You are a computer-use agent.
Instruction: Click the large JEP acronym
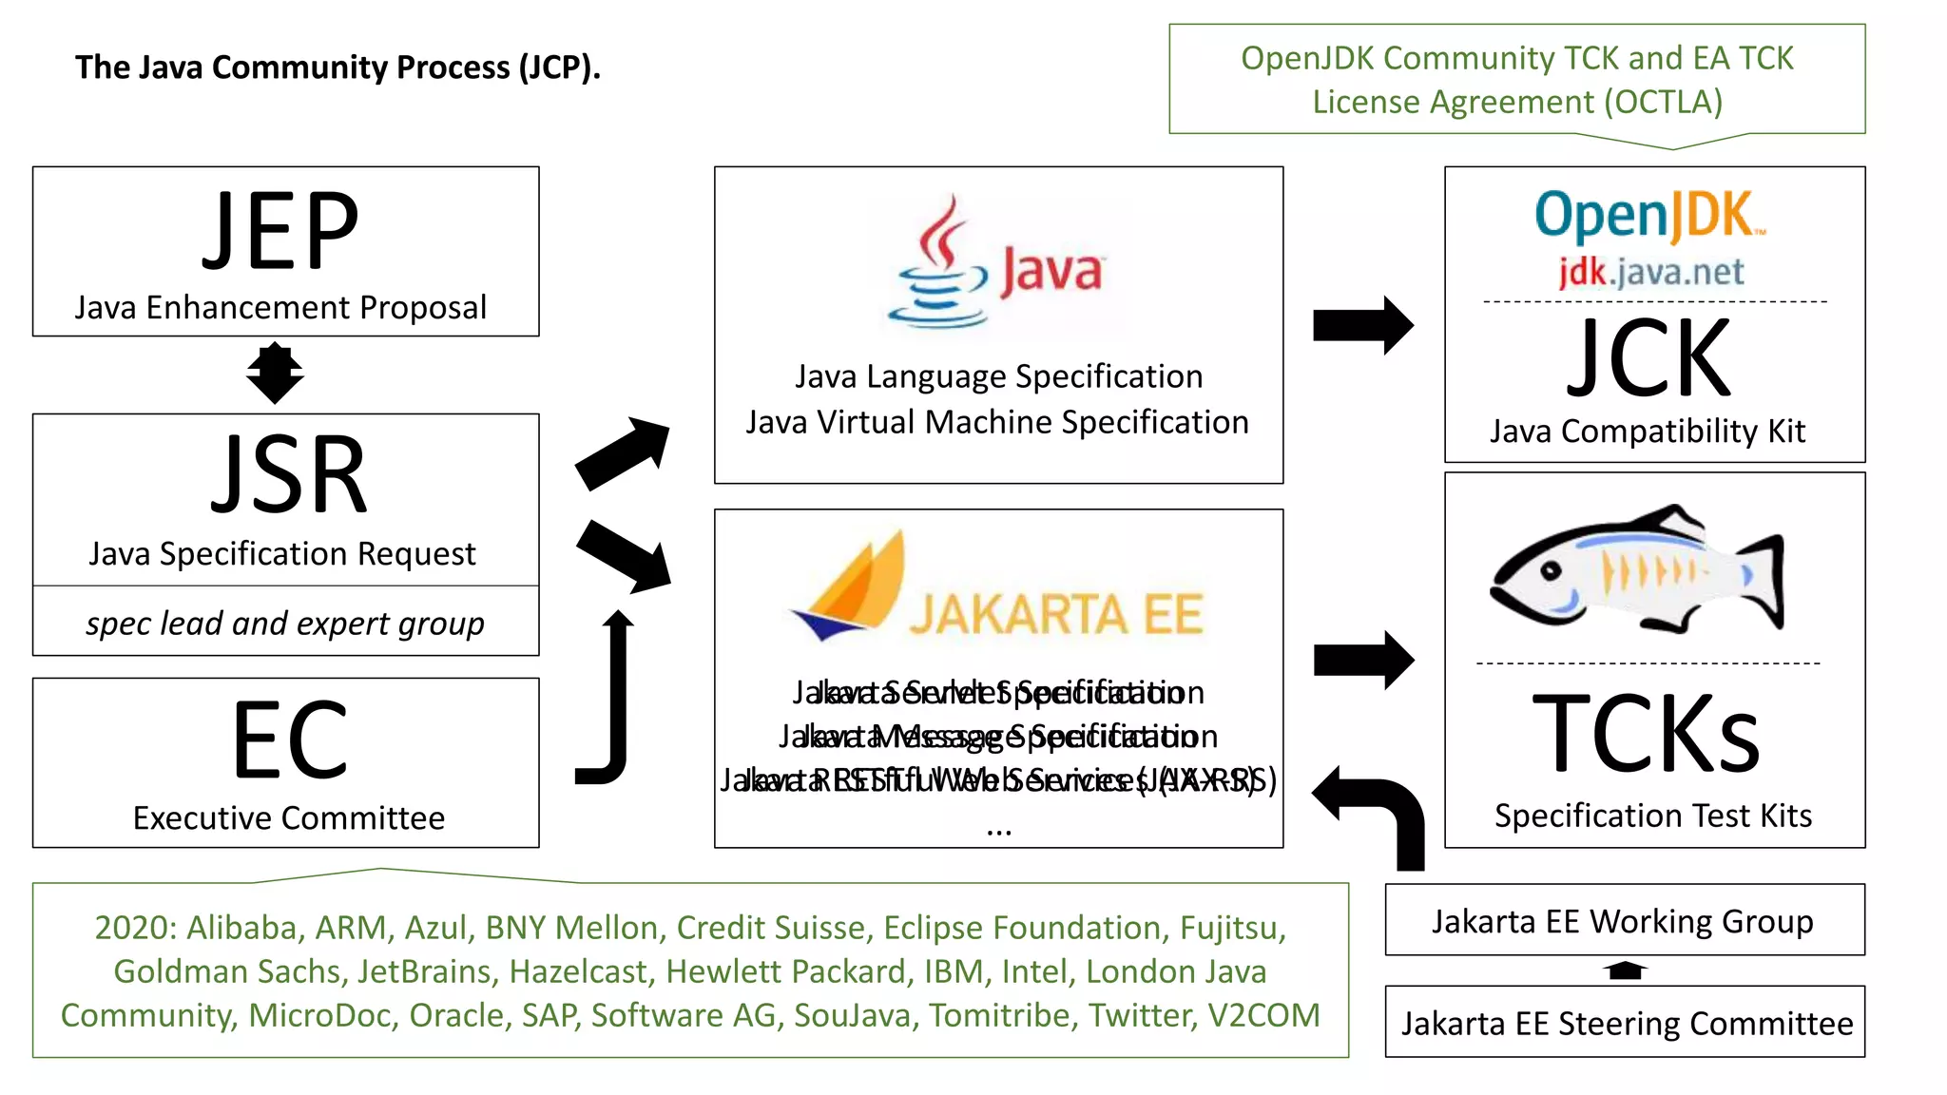pyautogui.click(x=281, y=231)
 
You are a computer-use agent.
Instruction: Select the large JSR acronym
pyautogui.click(x=288, y=476)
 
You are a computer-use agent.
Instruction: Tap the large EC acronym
pyautogui.click(x=289, y=740)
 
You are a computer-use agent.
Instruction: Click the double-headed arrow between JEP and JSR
pyautogui.click(x=275, y=375)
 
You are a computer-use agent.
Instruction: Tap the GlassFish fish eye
pyautogui.click(x=1552, y=571)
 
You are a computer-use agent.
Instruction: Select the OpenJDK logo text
pyautogui.click(x=1648, y=215)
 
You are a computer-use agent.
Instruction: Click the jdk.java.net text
pyautogui.click(x=1650, y=273)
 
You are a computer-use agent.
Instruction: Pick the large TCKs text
pyautogui.click(x=1647, y=734)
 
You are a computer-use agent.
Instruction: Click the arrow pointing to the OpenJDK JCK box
pyautogui.click(x=1361, y=325)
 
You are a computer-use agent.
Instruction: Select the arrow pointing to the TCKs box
pyautogui.click(x=1361, y=660)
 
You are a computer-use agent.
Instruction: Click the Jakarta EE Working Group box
pyautogui.click(x=1624, y=920)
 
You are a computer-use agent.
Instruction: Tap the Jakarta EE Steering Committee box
pyautogui.click(x=1626, y=1023)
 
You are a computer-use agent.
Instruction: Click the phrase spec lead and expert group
pyautogui.click(x=285, y=624)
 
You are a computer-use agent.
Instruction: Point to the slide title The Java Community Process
pyautogui.click(x=337, y=67)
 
